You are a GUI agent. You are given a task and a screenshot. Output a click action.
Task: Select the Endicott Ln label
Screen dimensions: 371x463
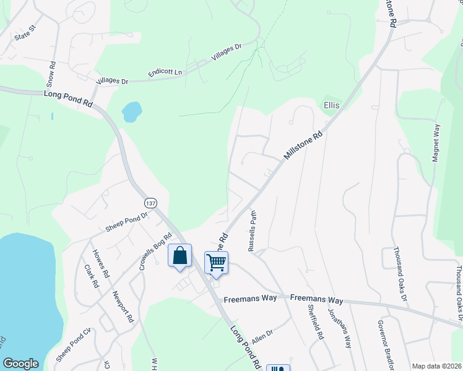click(x=165, y=73)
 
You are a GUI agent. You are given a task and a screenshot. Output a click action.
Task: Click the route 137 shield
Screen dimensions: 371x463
click(x=150, y=203)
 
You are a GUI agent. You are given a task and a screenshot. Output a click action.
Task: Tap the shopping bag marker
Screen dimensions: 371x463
click(x=180, y=256)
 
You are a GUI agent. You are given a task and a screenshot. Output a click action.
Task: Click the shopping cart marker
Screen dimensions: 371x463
click(x=216, y=263)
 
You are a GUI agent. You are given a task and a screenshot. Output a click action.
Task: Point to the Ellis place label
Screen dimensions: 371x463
click(x=332, y=106)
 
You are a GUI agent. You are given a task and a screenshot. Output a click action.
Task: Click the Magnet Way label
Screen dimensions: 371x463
click(x=436, y=143)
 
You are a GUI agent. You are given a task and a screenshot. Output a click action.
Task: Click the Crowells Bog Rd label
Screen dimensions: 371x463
click(x=155, y=252)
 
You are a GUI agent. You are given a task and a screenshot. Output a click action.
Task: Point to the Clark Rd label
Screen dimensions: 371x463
click(x=91, y=276)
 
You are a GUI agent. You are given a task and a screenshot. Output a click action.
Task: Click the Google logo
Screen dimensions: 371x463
click(x=20, y=364)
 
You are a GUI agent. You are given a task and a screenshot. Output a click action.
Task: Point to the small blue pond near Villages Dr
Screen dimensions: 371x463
click(x=131, y=112)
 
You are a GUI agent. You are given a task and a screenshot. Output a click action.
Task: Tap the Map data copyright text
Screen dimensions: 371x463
click(x=436, y=366)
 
